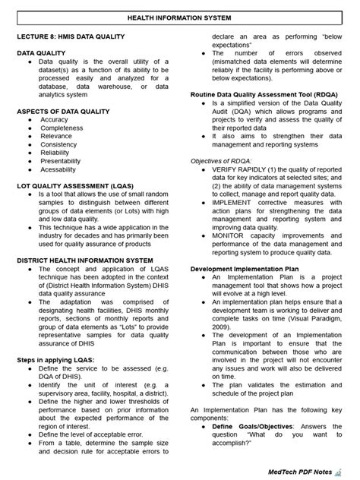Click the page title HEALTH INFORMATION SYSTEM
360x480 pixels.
pos(180,17)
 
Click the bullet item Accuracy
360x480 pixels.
pos(54,120)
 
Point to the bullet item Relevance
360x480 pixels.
pos(56,137)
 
